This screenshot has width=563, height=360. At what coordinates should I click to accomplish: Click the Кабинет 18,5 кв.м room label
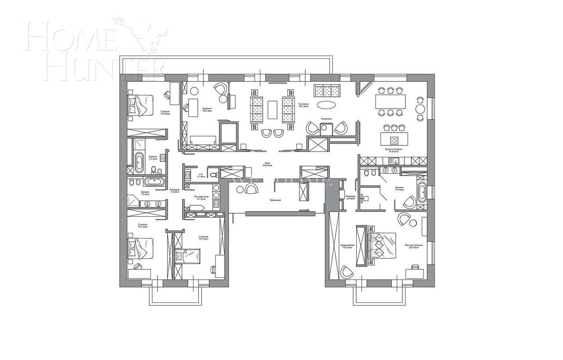click(207, 109)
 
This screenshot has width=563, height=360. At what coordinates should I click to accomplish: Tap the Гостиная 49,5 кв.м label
click(303, 105)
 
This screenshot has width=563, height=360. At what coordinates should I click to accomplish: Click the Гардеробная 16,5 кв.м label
click(347, 246)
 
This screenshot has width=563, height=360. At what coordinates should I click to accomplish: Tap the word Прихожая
click(275, 200)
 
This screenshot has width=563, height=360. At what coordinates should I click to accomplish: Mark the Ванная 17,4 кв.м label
click(399, 189)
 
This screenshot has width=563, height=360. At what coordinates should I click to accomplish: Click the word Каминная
click(326, 119)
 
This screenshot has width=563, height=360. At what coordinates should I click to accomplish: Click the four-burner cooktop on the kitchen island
click(395, 141)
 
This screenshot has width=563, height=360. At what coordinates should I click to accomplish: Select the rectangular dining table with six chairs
click(390, 102)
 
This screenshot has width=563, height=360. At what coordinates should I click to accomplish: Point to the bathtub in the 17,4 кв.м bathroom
click(422, 192)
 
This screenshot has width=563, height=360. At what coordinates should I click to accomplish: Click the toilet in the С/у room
click(214, 175)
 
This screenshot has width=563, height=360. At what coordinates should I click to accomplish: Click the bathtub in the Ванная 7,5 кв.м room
click(139, 162)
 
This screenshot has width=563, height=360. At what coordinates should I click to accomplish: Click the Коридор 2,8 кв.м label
click(351, 197)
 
